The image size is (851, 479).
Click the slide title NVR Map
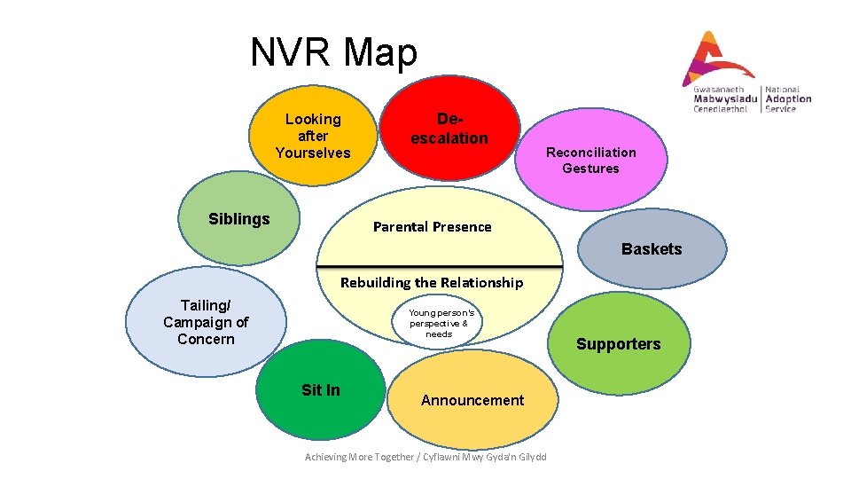click(x=333, y=52)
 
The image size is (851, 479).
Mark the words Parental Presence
click(x=432, y=227)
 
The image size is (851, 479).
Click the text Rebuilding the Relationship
click(x=432, y=283)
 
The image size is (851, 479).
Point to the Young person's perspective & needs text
click(x=441, y=323)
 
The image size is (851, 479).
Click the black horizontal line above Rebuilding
click(x=440, y=266)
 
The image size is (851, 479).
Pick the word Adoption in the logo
click(x=788, y=99)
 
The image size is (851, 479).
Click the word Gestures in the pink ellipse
click(x=590, y=169)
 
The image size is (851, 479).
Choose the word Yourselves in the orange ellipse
click(x=313, y=153)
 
